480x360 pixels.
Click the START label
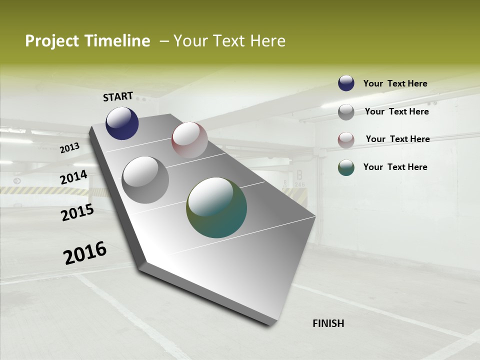tap(118, 96)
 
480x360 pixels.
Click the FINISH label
tap(328, 323)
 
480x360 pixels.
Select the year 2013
tap(69, 148)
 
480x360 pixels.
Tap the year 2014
tap(73, 177)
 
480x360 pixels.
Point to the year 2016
tap(85, 253)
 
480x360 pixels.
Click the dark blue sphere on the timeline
tap(122, 123)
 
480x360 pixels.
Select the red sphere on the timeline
tap(189, 140)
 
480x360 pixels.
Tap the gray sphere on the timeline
tap(145, 180)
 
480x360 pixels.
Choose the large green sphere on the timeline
tap(216, 207)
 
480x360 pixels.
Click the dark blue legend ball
tap(346, 83)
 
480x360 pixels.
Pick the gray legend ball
tap(346, 112)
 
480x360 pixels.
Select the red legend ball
tap(346, 140)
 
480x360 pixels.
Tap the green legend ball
tap(346, 167)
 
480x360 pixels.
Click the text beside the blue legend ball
tap(395, 83)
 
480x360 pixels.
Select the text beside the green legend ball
tap(395, 167)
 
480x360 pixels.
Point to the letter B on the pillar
tap(299, 175)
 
